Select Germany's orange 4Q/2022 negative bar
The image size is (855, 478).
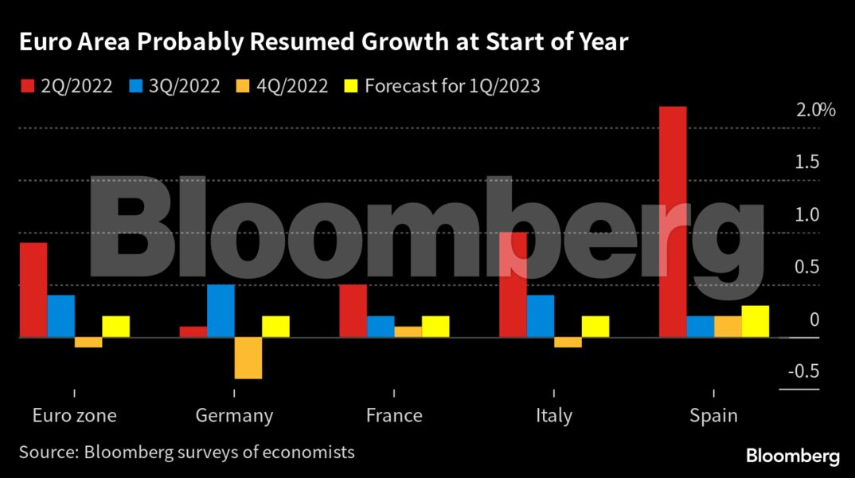click(x=248, y=358)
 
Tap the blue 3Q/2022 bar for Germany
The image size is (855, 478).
click(x=221, y=311)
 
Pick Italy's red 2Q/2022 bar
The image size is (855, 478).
click(x=513, y=284)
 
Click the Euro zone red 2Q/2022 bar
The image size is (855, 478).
click(x=33, y=290)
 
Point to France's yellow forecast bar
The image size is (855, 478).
click(x=435, y=327)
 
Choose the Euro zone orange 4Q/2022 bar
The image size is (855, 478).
click(x=88, y=343)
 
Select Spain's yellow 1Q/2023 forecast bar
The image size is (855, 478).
click(x=755, y=321)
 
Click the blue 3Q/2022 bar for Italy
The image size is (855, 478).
click(x=541, y=316)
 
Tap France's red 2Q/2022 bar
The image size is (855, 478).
click(x=353, y=311)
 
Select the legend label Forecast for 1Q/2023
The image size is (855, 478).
click(x=452, y=86)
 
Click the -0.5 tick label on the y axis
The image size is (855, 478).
click(x=802, y=372)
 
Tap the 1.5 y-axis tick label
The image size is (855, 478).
click(x=807, y=163)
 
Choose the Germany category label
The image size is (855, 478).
click(x=234, y=416)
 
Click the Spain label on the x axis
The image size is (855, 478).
click(x=713, y=416)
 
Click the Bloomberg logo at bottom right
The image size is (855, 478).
click(x=792, y=456)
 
